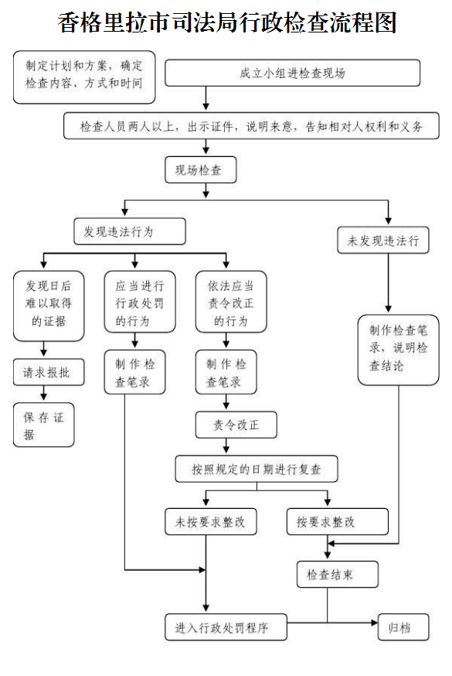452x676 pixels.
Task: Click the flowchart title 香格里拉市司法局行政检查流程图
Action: click(x=226, y=22)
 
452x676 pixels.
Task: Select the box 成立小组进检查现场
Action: click(x=292, y=73)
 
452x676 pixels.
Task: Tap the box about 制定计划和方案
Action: click(x=84, y=76)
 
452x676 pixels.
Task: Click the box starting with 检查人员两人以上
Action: click(x=251, y=125)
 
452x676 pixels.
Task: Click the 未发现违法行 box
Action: click(x=383, y=240)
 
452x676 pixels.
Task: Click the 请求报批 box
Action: click(x=44, y=373)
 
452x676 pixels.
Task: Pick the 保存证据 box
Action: click(x=44, y=425)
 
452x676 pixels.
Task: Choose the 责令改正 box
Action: click(x=236, y=425)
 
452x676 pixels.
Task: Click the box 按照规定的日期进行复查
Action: click(x=257, y=469)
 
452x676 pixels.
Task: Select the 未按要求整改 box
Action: click(x=210, y=521)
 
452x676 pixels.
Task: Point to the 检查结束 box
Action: click(x=338, y=575)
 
